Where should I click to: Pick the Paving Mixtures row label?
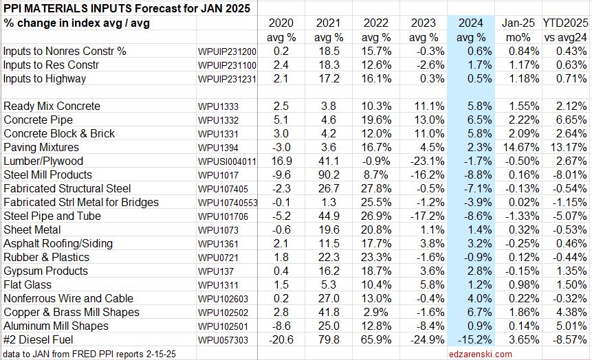(41, 147)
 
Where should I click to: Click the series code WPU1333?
(217, 106)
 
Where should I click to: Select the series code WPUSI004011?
(226, 161)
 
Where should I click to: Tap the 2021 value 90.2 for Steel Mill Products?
(328, 175)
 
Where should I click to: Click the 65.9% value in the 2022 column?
(376, 339)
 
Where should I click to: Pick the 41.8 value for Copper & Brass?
(328, 312)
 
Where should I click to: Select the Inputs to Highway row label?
(45, 78)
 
